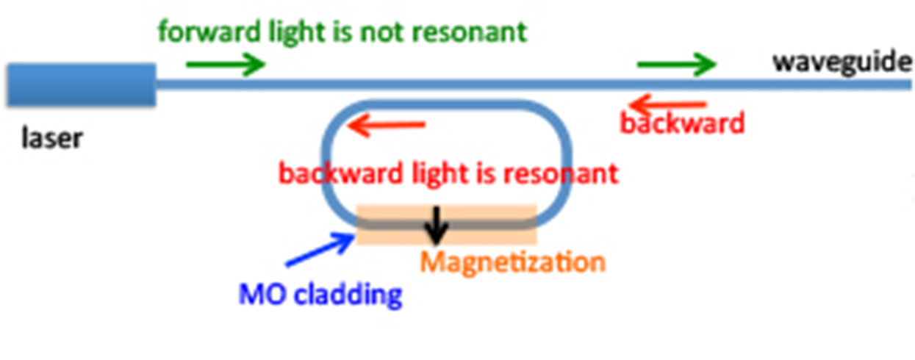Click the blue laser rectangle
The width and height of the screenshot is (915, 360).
click(81, 84)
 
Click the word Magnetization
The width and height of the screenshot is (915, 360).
click(512, 262)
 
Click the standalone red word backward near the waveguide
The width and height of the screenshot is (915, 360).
click(683, 123)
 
